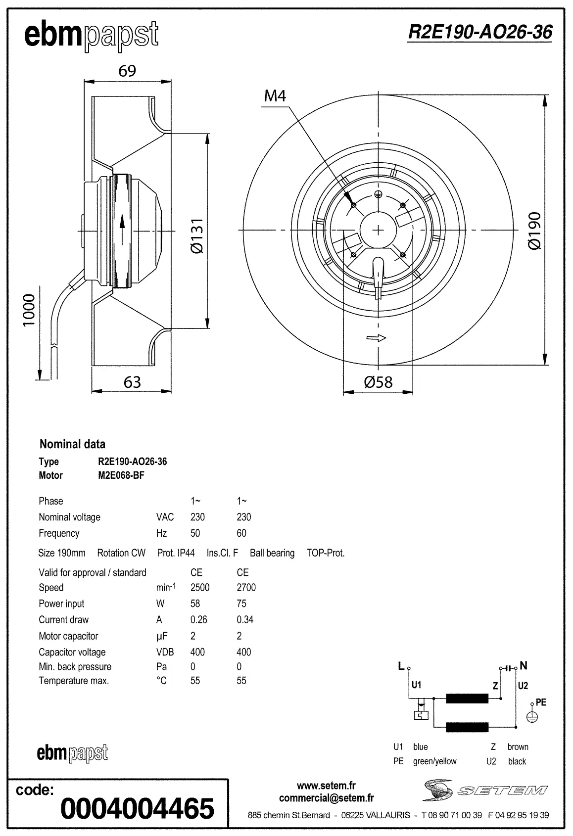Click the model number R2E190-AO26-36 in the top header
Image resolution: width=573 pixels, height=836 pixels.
[x=479, y=32]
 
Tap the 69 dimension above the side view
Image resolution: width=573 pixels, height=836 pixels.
[x=127, y=71]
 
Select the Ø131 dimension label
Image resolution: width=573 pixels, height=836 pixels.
[x=196, y=235]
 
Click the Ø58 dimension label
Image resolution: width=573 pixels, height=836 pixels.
[x=378, y=382]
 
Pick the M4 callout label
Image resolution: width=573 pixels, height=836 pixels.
[x=275, y=95]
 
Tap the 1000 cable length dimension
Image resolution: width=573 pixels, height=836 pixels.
[x=29, y=310]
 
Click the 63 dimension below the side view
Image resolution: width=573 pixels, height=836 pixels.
[x=132, y=382]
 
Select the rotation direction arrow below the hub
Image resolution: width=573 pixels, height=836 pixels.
[x=376, y=338]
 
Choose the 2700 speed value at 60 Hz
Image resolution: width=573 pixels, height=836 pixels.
[x=246, y=588]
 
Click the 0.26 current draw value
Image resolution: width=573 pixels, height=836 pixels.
[x=198, y=620]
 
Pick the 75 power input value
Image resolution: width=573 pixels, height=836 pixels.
[x=241, y=604]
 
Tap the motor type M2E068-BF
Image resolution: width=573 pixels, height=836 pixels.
[x=121, y=475]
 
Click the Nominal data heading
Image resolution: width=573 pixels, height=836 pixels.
[x=72, y=444]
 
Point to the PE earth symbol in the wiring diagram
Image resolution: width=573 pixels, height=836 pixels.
[x=532, y=716]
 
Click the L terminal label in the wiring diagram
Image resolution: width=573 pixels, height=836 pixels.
[x=401, y=666]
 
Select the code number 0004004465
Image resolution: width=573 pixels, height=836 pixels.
[x=137, y=808]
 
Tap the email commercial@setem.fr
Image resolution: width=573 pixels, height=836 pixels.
[x=326, y=798]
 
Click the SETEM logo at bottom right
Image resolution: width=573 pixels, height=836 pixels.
[x=485, y=790]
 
